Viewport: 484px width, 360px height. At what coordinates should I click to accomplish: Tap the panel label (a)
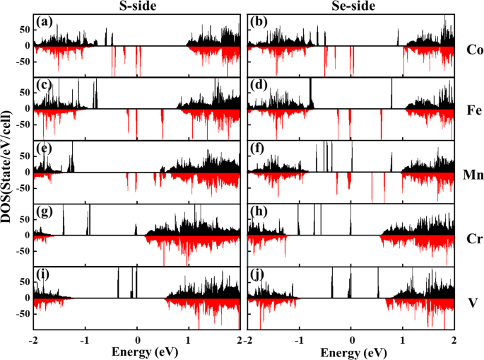click(44, 23)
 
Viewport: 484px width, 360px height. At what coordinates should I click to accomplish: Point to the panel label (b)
click(259, 23)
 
